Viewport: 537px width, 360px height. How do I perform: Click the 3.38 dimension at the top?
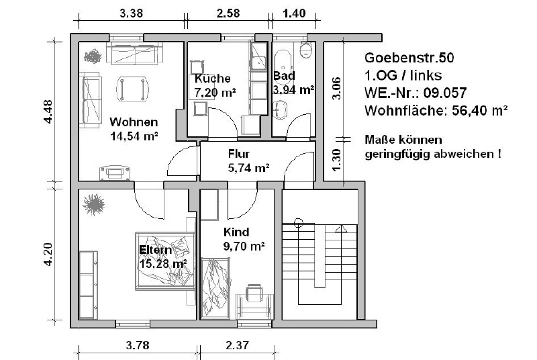(131, 13)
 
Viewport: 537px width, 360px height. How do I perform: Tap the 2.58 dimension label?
(228, 13)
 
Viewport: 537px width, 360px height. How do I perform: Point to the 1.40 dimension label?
(294, 13)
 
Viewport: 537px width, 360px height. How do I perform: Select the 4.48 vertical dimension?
(48, 111)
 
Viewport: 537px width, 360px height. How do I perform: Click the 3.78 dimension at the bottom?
(138, 345)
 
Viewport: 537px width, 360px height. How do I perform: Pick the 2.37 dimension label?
(238, 345)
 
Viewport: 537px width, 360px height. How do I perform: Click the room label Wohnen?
(134, 122)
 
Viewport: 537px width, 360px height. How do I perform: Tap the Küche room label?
(212, 79)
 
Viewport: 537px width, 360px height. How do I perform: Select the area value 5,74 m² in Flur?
(248, 168)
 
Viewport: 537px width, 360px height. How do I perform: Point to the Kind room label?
(236, 232)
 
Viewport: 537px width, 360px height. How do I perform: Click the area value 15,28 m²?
(163, 264)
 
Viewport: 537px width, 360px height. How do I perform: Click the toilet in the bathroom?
(305, 50)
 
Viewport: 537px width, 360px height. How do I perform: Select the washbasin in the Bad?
(281, 109)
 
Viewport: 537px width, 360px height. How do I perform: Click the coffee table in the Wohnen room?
(132, 89)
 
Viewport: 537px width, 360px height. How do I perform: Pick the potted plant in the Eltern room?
(93, 204)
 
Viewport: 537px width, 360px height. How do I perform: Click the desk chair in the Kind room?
(254, 293)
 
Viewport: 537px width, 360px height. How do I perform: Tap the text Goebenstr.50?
(409, 58)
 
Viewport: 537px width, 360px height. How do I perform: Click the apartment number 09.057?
(445, 93)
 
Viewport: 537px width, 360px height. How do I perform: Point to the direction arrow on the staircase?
(341, 229)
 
